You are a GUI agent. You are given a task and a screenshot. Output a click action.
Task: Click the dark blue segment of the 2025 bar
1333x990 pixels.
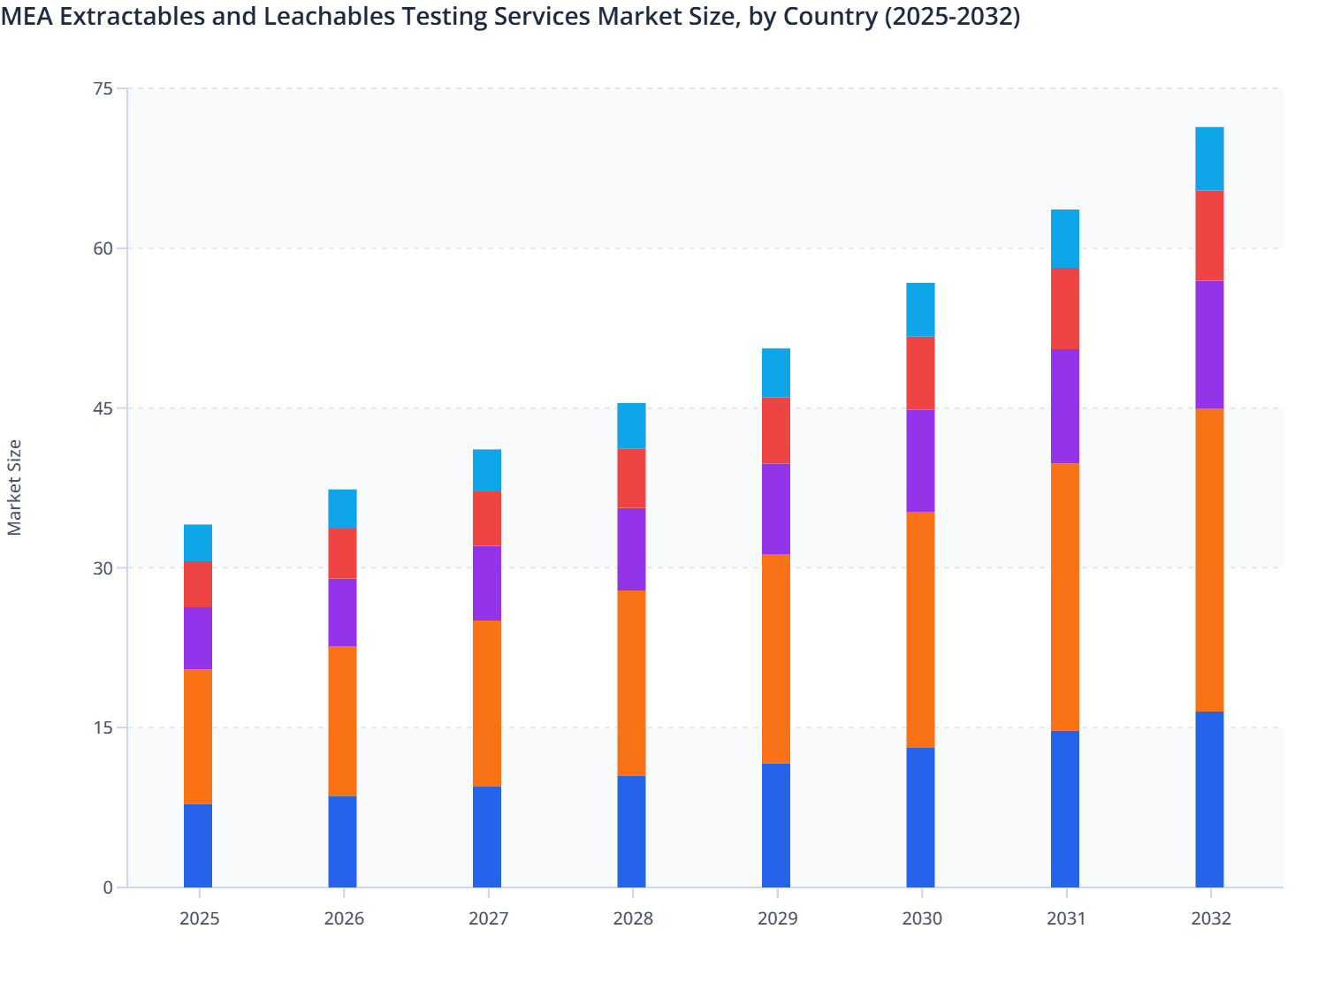pos(198,845)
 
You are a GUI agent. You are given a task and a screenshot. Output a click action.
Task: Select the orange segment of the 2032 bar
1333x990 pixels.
pos(1209,560)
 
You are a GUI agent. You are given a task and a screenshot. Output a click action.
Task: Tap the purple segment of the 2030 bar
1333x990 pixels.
pos(920,461)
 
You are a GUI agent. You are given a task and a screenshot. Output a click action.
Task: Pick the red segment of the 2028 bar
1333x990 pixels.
pos(631,478)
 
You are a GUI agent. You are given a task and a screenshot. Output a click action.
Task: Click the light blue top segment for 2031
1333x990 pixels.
pos(1065,239)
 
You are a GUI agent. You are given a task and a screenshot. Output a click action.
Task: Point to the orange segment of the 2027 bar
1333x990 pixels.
pos(487,703)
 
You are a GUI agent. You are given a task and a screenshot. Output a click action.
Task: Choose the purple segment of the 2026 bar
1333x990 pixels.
pos(342,613)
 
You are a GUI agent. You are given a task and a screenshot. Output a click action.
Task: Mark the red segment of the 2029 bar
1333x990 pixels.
pos(776,430)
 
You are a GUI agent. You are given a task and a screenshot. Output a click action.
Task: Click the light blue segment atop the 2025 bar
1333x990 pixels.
pos(198,543)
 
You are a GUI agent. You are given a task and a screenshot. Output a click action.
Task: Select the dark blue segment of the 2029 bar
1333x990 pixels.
pos(776,825)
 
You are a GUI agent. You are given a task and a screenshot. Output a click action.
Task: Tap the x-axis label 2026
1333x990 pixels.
pos(344,918)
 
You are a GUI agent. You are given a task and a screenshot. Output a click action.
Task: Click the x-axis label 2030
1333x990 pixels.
pos(922,918)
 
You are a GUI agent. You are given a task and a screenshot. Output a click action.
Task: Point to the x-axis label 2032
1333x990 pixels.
pos(1210,918)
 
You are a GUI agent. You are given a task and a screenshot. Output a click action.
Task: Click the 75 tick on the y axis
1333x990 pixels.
pos(103,88)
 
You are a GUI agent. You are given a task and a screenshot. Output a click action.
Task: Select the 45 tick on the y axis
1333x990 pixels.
pos(103,408)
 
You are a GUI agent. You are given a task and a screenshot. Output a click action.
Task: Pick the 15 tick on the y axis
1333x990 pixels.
pos(103,727)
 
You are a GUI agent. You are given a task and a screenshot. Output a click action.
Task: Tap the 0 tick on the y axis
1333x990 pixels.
pos(108,887)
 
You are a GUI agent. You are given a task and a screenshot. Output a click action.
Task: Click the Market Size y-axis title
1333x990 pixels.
pos(14,487)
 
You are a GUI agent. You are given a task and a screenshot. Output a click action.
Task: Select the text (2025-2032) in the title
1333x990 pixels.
pos(952,16)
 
